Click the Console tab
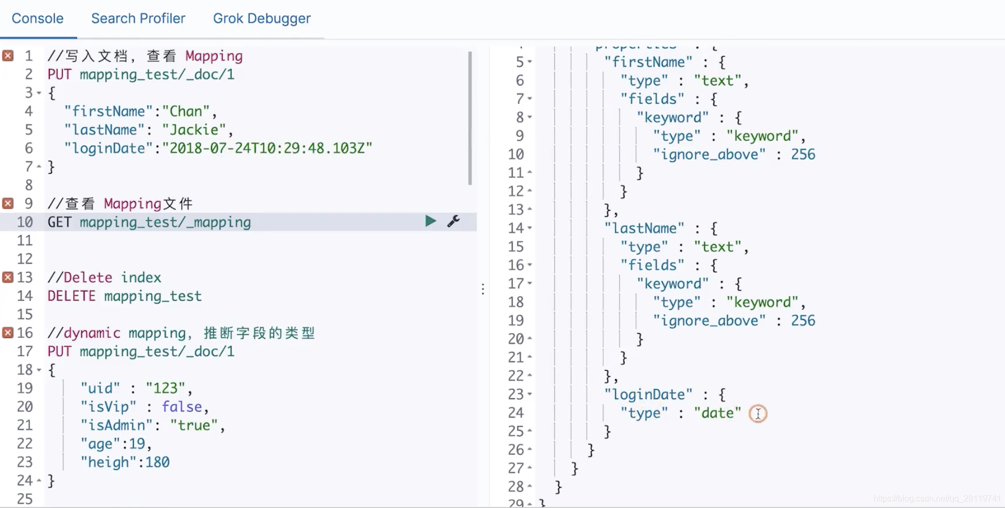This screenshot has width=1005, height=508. click(37, 19)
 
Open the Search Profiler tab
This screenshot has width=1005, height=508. click(138, 19)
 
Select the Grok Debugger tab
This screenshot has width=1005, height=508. click(261, 19)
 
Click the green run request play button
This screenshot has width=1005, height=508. click(430, 221)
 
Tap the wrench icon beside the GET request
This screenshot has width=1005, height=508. click(454, 221)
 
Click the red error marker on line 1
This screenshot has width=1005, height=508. click(8, 56)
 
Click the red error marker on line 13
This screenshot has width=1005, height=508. click(8, 277)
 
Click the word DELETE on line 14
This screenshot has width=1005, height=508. click(71, 296)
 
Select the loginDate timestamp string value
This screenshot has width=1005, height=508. click(267, 148)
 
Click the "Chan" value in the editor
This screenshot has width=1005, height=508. click(185, 112)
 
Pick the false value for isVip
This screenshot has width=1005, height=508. click(181, 407)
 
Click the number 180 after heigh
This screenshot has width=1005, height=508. click(157, 462)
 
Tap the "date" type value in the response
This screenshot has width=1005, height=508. click(717, 413)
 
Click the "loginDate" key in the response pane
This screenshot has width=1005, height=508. click(648, 394)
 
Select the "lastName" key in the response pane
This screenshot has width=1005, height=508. click(644, 228)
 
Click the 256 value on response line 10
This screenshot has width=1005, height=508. click(803, 154)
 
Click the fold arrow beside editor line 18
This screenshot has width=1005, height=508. click(39, 370)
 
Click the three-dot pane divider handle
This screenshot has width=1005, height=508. click(483, 289)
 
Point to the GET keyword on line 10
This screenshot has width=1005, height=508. click(59, 222)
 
